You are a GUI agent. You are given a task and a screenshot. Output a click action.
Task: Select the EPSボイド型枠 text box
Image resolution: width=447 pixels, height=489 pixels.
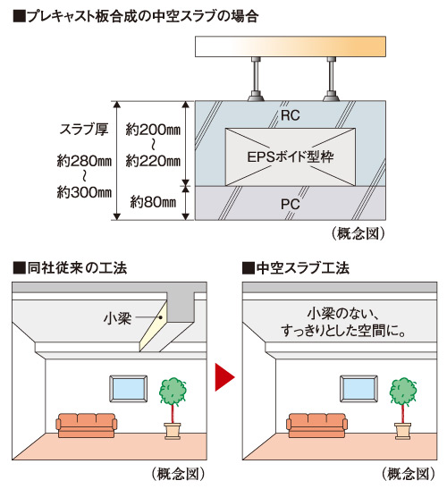[291, 156]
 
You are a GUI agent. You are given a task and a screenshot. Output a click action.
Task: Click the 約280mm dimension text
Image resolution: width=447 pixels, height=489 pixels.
[83, 162]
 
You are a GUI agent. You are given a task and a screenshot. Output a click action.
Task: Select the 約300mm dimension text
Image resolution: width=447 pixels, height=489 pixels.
[83, 192]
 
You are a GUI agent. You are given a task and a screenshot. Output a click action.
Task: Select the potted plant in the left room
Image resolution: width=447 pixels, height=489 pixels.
[172, 407]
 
